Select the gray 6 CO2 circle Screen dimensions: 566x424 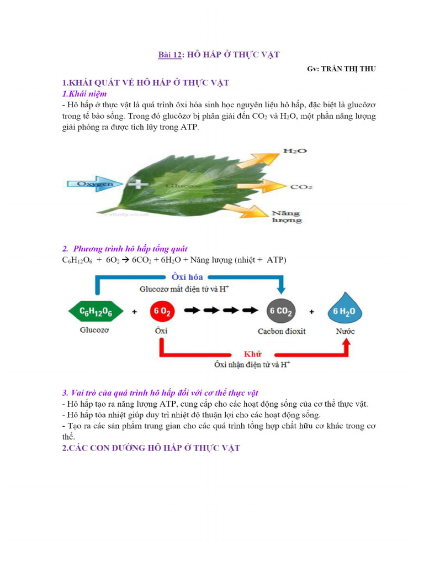point(282,312)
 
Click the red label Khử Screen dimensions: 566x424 point(252,354)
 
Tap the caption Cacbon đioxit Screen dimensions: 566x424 point(282,331)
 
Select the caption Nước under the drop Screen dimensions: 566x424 point(346,331)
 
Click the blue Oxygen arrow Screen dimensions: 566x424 point(89,184)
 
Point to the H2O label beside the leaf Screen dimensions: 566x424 point(294,151)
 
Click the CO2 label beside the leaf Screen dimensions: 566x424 point(301,187)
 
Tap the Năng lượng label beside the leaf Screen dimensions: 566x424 point(287,216)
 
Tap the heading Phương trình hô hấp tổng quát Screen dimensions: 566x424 point(130,249)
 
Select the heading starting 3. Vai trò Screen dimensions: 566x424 point(160,393)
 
